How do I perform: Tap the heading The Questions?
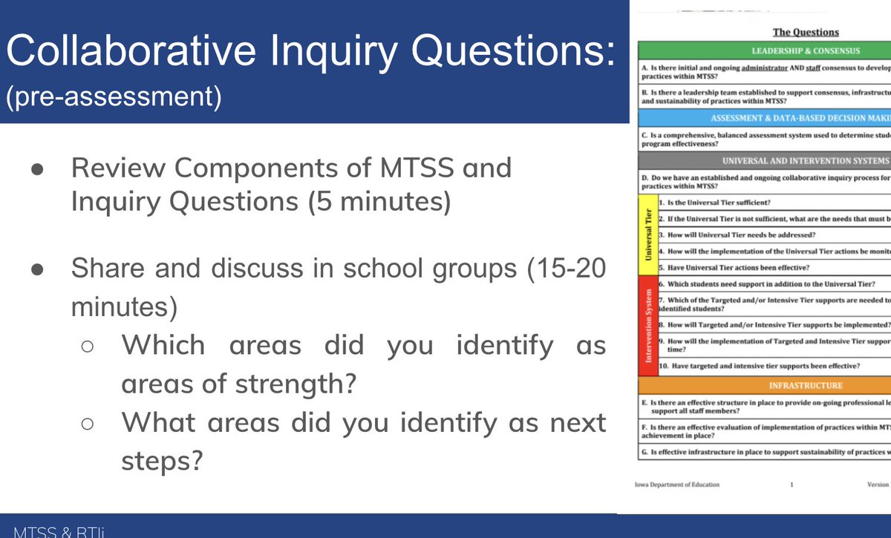point(795,32)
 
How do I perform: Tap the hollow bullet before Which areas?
point(87,346)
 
